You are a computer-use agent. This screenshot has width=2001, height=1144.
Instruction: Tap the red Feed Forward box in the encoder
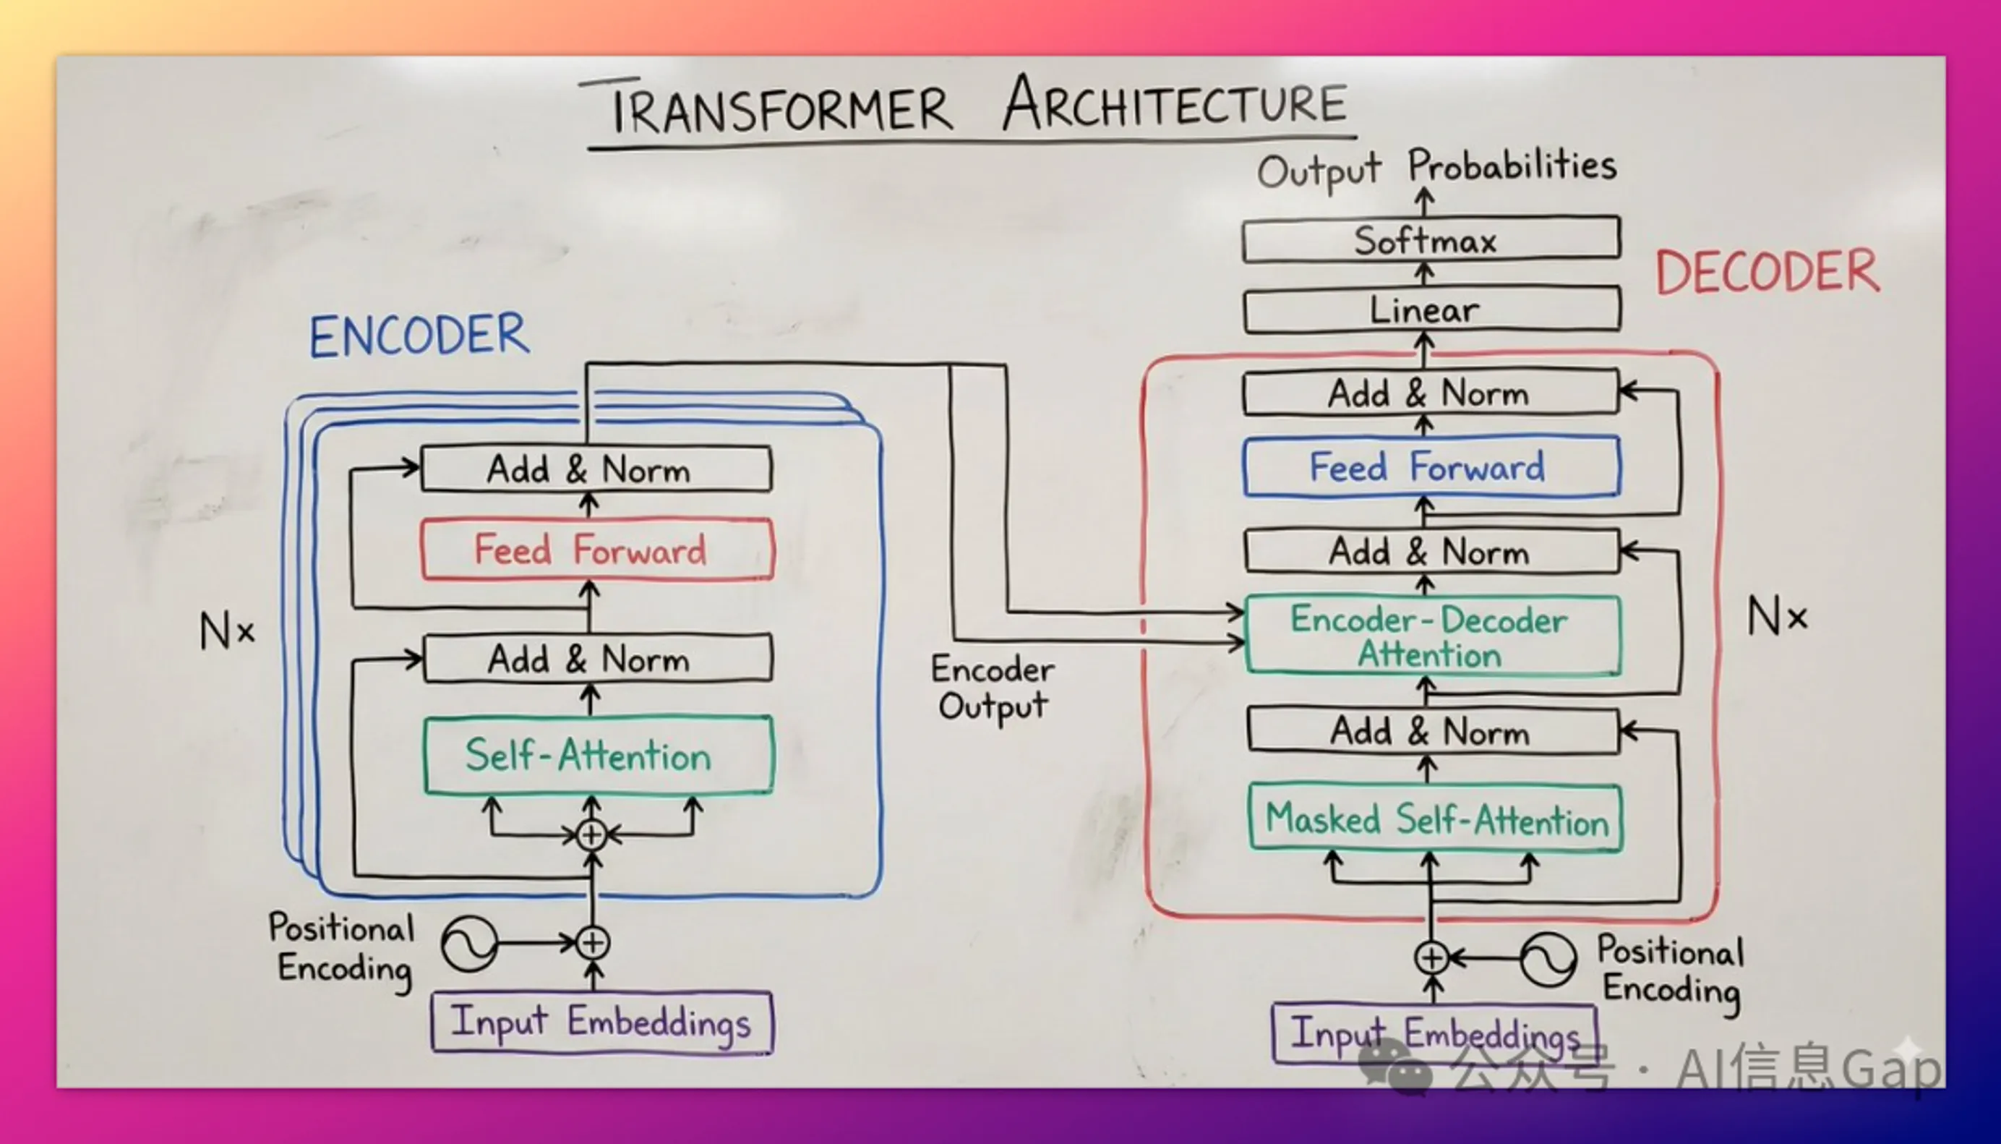(x=597, y=549)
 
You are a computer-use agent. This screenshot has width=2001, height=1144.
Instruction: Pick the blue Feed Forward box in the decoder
(x=1431, y=466)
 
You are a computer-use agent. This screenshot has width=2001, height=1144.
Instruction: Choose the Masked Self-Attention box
(x=1436, y=819)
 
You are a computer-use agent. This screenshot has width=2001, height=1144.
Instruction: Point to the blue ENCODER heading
(x=419, y=336)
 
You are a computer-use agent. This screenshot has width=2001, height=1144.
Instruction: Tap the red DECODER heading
(x=1767, y=272)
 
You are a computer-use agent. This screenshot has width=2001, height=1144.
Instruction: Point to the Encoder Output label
(x=993, y=688)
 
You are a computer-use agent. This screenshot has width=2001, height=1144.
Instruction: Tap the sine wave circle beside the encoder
(x=470, y=943)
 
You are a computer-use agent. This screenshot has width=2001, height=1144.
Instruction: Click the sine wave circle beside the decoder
(x=1547, y=959)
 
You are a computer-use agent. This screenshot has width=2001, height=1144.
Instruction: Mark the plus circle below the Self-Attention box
(x=592, y=834)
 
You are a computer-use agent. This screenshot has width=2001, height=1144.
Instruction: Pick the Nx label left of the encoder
(x=227, y=631)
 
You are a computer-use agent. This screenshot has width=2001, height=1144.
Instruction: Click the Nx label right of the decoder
(x=1776, y=616)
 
